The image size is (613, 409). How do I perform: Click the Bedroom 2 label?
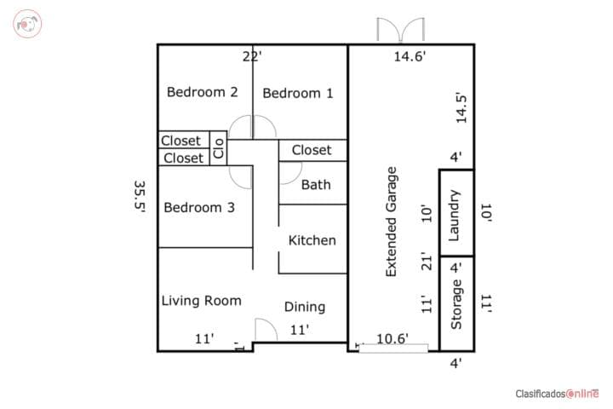click(x=202, y=92)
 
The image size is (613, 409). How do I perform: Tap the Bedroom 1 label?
click(x=298, y=93)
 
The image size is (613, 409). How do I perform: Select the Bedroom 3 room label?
click(x=199, y=207)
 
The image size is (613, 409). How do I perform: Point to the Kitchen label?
click(x=312, y=240)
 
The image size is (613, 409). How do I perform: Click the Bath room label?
click(x=316, y=185)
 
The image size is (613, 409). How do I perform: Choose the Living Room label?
click(x=201, y=301)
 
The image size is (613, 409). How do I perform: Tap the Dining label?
click(x=305, y=307)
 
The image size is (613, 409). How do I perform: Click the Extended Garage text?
click(x=392, y=222)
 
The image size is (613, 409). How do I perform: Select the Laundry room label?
click(x=454, y=216)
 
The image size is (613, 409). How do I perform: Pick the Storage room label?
click(x=455, y=304)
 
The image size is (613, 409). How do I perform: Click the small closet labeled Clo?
click(x=219, y=148)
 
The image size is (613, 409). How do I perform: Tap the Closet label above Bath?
click(x=312, y=150)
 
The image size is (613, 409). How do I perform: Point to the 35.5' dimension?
click(x=140, y=197)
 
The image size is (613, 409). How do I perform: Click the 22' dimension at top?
click(x=252, y=57)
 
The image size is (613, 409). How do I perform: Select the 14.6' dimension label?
click(x=410, y=56)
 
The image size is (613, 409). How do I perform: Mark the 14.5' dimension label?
click(x=461, y=108)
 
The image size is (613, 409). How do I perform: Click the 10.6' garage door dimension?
click(x=392, y=338)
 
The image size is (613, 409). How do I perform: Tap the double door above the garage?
click(x=401, y=29)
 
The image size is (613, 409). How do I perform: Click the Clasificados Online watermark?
click(x=557, y=394)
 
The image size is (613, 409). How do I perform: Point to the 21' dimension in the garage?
click(x=427, y=262)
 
